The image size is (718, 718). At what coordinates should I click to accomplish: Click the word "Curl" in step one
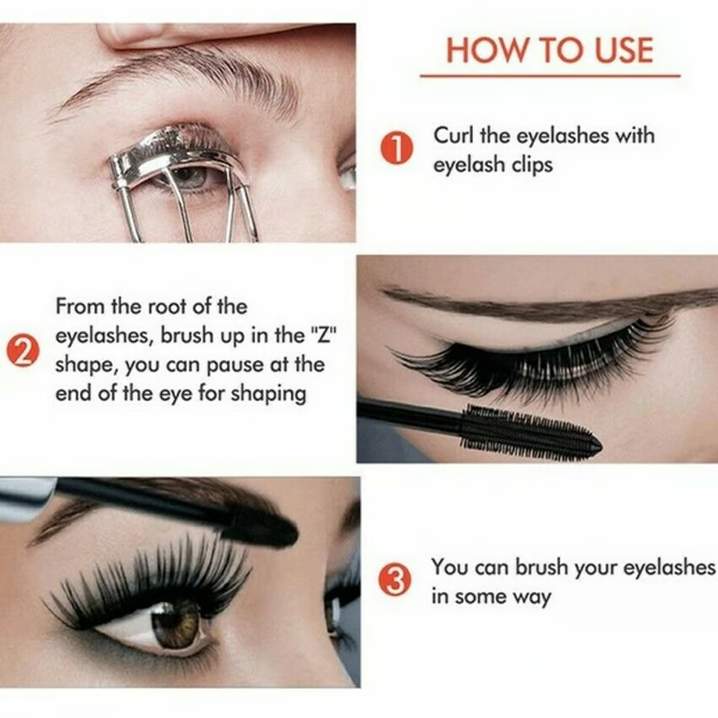[454, 136]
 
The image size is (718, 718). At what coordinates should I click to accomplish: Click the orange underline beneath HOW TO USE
[549, 75]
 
